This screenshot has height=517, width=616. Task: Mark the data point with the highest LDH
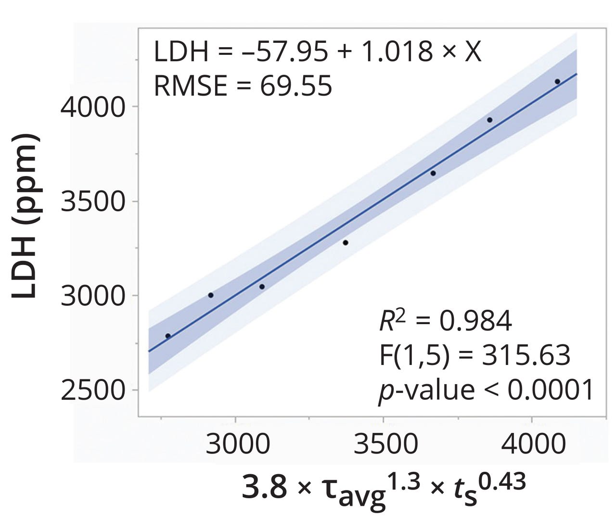coord(557,82)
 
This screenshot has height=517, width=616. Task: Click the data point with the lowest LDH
coord(168,336)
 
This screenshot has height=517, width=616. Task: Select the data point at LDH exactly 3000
coord(211,295)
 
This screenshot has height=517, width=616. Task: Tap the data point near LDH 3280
coord(346,242)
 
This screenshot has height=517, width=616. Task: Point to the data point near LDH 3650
coord(433,173)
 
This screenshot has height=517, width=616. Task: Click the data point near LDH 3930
coord(489,120)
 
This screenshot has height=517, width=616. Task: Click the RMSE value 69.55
coord(296,87)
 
